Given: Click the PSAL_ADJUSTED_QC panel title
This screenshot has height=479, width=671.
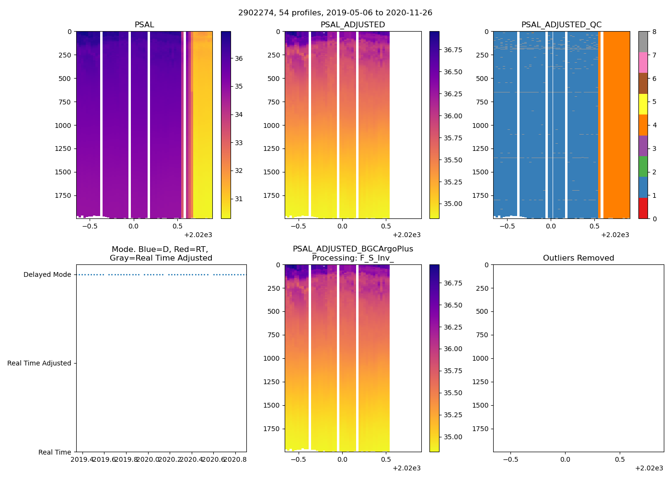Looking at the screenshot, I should [561, 25].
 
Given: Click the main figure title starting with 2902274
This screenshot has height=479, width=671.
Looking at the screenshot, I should [335, 13].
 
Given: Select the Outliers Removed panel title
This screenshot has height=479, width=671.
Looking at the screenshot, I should [578, 258].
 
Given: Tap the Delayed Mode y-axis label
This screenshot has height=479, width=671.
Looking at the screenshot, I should [47, 275].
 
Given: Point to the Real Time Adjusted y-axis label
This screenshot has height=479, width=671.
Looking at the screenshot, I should [39, 364].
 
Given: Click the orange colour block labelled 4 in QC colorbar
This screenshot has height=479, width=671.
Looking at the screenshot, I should [643, 125].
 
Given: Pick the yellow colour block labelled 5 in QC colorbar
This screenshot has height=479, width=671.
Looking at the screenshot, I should [643, 104].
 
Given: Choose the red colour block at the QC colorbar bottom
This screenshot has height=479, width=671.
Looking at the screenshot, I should [643, 208].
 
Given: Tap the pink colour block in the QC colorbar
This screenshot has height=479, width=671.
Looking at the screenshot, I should [643, 63].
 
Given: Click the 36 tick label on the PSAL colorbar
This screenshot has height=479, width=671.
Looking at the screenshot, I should [239, 59].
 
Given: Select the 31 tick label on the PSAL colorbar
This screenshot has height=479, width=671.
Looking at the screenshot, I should [239, 199].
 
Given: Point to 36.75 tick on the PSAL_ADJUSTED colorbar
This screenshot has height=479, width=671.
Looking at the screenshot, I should [453, 50].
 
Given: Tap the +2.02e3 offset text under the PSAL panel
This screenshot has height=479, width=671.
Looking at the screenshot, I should [198, 235].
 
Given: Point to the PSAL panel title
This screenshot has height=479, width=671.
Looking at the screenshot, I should [144, 25].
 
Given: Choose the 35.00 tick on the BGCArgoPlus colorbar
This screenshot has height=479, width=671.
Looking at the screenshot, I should [453, 437].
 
